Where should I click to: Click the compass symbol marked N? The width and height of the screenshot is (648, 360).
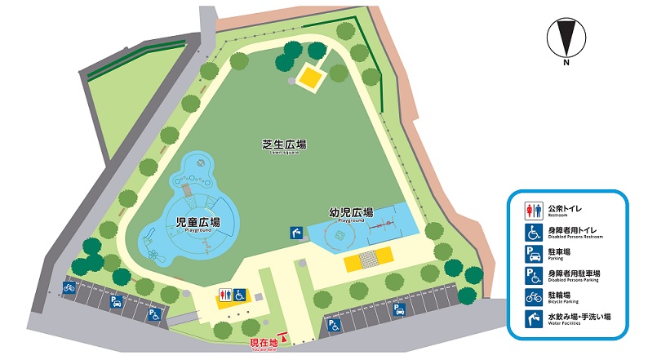[565, 40]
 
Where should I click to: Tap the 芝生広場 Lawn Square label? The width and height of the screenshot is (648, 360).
[284, 146]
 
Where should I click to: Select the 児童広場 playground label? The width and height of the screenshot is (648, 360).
[198, 223]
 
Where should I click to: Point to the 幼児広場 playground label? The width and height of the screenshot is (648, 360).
[350, 214]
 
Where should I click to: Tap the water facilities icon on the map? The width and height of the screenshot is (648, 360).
[295, 233]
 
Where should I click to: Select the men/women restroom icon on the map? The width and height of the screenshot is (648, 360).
[224, 294]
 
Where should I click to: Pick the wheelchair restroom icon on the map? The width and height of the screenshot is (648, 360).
[240, 294]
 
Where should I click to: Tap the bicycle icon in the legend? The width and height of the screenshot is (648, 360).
[530, 296]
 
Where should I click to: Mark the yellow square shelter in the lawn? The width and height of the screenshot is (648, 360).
[311, 78]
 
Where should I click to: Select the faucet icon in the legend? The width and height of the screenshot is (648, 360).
[530, 318]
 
